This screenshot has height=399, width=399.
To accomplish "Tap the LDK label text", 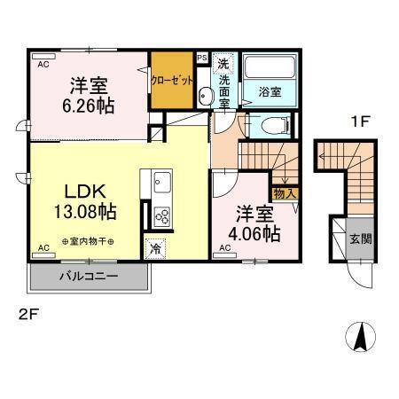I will (84, 191).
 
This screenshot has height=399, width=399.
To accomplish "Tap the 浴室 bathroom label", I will (270, 92).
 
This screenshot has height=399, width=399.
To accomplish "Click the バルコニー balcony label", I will (89, 277).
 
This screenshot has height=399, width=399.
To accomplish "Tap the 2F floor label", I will (29, 315).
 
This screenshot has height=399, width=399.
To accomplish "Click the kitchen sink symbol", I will (162, 184).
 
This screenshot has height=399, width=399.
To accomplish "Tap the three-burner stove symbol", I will (161, 215).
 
